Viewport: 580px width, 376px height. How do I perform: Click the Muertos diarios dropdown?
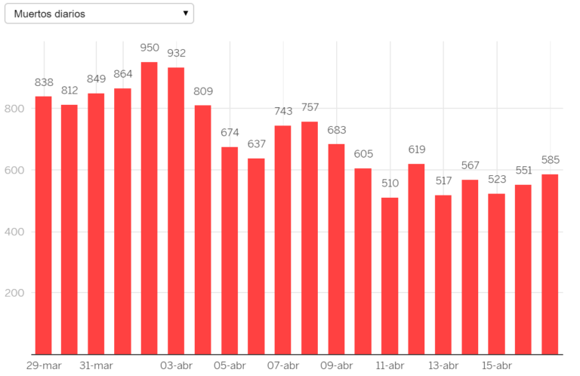click(99, 14)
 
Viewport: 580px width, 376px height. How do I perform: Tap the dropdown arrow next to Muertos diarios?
click(185, 14)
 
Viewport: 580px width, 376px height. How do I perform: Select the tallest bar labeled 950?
click(150, 208)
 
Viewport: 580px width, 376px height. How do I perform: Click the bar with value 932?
click(176, 211)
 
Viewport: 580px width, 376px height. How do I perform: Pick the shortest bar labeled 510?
click(390, 276)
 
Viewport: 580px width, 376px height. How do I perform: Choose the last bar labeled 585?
click(550, 264)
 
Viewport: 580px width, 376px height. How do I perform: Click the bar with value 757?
click(310, 238)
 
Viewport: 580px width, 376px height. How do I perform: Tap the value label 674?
click(230, 133)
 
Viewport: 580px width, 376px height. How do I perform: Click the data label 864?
click(122, 74)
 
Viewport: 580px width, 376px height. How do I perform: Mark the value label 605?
click(362, 154)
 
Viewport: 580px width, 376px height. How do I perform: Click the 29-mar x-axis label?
click(43, 365)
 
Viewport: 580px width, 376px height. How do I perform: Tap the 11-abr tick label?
click(390, 365)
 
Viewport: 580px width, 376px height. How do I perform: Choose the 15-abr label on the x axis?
click(496, 365)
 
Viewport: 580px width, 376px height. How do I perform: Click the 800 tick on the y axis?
click(15, 108)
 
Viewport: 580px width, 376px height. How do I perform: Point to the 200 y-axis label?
click(15, 293)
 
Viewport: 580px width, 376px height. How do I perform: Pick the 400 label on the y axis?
click(15, 231)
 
